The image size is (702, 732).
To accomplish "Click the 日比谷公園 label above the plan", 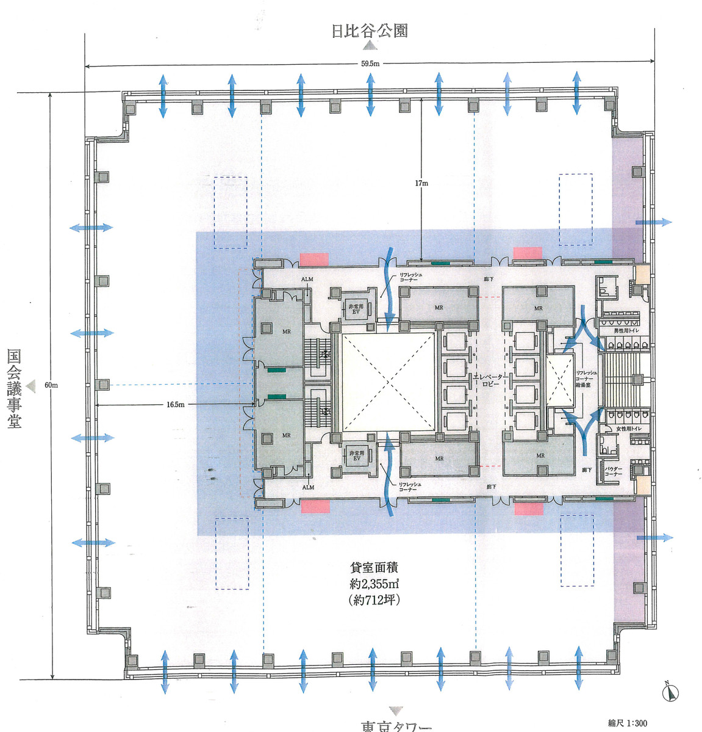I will point(369,31).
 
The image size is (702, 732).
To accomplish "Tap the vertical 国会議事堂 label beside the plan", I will point(13,388).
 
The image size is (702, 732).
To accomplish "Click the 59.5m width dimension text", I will point(370,63).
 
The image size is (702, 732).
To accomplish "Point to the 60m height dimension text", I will point(51,385).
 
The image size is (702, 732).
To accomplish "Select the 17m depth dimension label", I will point(421,183).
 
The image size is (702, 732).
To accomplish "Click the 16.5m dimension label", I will point(175,404).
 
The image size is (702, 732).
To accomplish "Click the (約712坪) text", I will point(374,600).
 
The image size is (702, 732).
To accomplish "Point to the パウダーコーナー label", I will point(614,471).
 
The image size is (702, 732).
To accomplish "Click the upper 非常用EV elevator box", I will point(356,309).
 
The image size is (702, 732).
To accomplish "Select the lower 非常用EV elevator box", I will point(356,455).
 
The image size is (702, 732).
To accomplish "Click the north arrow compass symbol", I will point(671,692).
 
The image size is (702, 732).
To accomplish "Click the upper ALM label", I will point(307,280).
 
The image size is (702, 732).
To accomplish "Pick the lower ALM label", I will point(308,487).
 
